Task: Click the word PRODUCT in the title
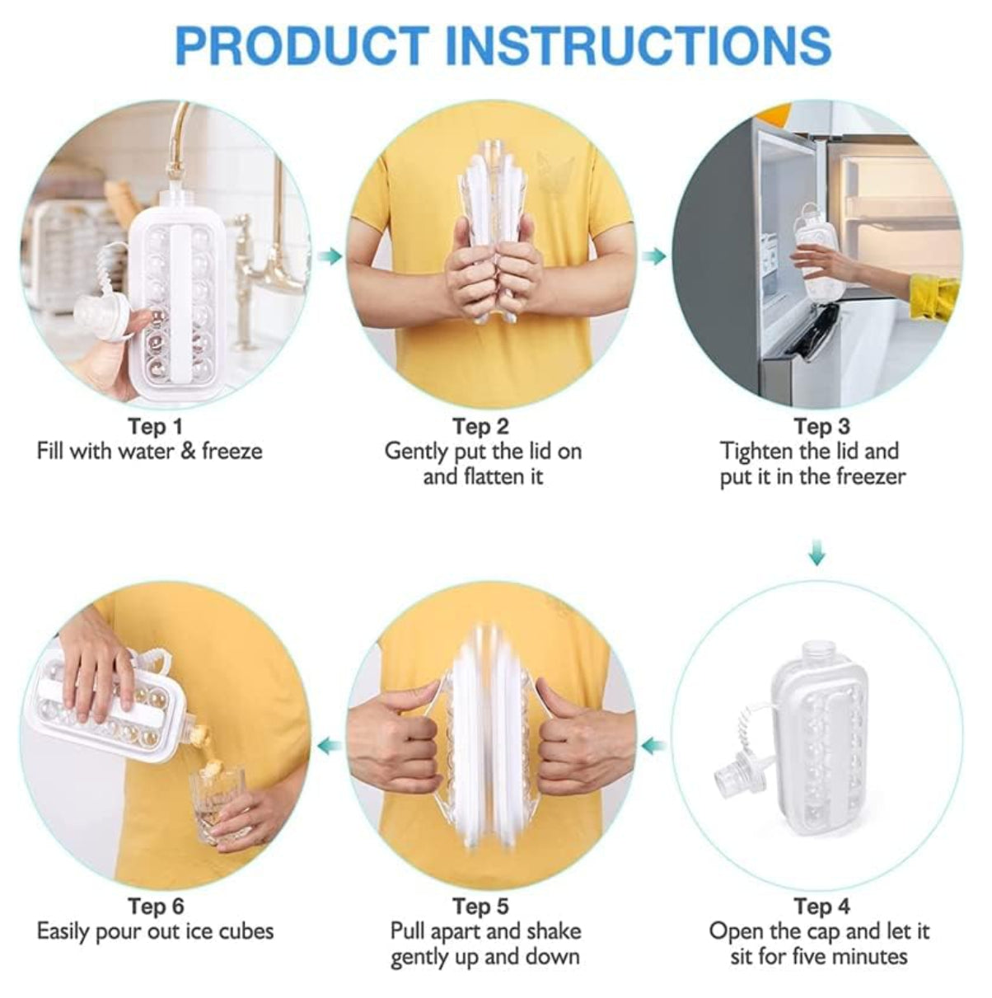tap(303, 45)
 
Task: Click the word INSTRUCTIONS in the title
tap(639, 45)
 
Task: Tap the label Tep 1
tap(156, 427)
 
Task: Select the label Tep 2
tap(480, 427)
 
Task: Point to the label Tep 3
tap(821, 427)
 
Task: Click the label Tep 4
tap(821, 907)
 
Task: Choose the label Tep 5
tap(480, 907)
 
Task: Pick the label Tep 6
tap(156, 907)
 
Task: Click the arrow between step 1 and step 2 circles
tap(330, 255)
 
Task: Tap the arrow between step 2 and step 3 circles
tap(655, 255)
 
